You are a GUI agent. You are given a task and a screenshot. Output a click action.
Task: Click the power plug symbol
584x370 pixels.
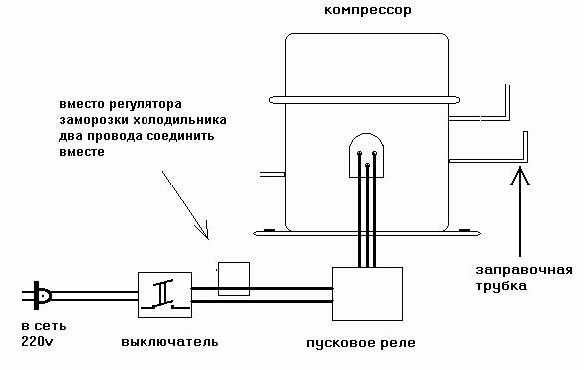pos(41,294)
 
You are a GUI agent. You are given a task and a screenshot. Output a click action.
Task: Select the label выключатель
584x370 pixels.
pos(169,343)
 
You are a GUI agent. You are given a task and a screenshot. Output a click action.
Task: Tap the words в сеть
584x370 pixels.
pos(39,326)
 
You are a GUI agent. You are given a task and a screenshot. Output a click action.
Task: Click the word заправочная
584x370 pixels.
pos(522,271)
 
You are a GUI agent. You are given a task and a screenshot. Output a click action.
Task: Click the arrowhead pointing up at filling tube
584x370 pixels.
pos(516,178)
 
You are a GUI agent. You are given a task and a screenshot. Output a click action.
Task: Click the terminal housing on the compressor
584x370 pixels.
pos(364,152)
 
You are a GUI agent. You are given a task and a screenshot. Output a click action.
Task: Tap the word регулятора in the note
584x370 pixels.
pos(151,104)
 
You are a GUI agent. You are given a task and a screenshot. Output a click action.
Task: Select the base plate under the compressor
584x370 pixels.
pos(365,232)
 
